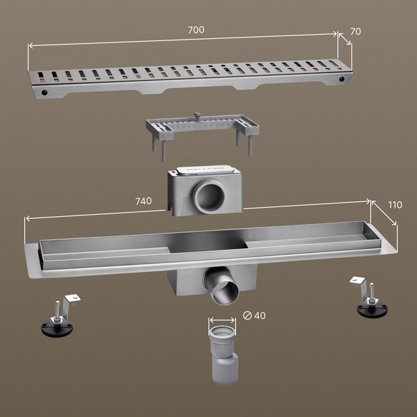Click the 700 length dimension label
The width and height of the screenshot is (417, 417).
tap(196, 30)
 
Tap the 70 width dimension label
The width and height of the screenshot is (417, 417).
tap(355, 32)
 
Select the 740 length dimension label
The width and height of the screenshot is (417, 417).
tap(144, 201)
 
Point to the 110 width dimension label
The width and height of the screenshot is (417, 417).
tap(395, 205)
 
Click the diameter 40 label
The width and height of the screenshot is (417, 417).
tap(254, 316)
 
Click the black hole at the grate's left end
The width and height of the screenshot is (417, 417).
tap(44, 92)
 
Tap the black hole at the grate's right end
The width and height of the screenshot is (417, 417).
tap(342, 79)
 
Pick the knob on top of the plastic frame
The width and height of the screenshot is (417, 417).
tap(197, 115)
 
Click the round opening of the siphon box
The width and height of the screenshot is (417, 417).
tap(208, 197)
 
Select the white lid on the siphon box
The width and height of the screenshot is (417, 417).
tap(204, 170)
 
